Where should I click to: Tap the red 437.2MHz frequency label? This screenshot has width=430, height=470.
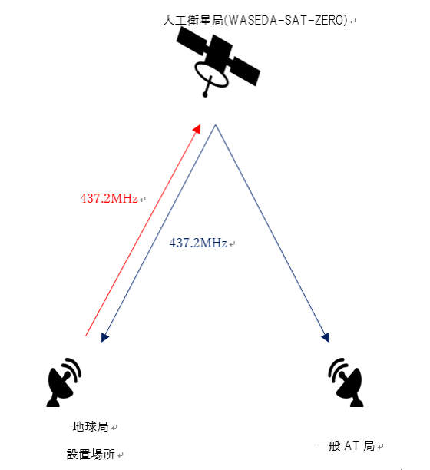coord(109,198)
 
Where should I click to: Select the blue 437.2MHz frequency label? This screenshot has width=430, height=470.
coord(198,243)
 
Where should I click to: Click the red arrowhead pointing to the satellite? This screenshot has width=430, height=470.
coord(197,129)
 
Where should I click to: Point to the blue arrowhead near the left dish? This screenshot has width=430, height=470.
coord(104,337)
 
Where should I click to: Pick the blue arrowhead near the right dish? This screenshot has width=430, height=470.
coord(326,337)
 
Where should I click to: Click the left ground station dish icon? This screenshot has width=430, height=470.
coord(64,382)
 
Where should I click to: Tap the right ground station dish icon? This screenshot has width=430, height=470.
coord(346,382)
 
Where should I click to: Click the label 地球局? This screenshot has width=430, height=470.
coord(91,426)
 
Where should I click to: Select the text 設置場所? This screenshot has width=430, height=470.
coord(91,455)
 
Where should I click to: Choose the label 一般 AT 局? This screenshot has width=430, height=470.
coord(346,445)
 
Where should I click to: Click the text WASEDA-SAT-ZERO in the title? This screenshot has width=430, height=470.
coord(286,21)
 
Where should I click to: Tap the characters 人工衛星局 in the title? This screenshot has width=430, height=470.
coord(193,21)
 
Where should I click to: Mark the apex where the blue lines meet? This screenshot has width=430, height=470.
coord(216,125)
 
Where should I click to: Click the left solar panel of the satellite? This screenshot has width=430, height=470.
coord(192,41)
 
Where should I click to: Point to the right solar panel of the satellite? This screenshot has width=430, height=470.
coord(244,71)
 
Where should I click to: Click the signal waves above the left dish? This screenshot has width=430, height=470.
coord(74,368)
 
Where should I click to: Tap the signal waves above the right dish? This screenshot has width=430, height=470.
coord(336,368)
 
